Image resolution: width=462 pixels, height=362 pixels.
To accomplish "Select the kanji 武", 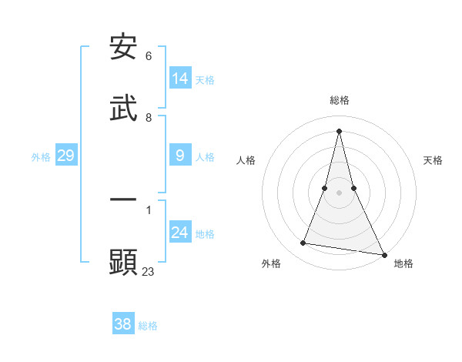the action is click(x=124, y=107).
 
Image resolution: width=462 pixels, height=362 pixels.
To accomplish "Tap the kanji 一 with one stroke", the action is click(x=124, y=200).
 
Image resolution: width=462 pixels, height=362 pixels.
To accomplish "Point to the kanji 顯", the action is click(x=124, y=262).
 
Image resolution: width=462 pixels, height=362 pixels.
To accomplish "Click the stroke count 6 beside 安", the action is click(x=149, y=56).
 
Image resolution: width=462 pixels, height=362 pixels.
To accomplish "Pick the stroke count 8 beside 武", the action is click(x=149, y=118).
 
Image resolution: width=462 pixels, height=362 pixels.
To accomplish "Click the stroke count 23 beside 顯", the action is click(x=149, y=271).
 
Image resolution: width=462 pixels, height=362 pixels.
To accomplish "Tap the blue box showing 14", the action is click(x=180, y=79).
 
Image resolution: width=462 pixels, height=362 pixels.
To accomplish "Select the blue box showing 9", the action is click(x=180, y=156).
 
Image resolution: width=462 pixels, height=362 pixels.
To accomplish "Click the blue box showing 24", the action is click(x=180, y=233).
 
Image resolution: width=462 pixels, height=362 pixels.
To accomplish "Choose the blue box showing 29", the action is click(x=65, y=156).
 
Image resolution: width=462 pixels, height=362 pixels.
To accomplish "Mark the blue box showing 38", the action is click(x=123, y=324).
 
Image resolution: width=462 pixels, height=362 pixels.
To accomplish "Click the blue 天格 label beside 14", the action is click(x=205, y=79).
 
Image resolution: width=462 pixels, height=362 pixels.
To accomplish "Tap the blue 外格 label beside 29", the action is click(x=41, y=157).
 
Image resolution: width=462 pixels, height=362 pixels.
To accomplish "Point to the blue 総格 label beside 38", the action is click(x=148, y=326).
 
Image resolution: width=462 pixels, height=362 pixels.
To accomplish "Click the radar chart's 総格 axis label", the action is click(x=340, y=100).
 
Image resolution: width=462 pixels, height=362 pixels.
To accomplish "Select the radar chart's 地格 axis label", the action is click(x=403, y=264).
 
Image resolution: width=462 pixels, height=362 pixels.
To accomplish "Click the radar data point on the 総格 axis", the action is click(x=340, y=131).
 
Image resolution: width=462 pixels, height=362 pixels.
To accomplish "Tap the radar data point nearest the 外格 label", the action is click(x=303, y=243).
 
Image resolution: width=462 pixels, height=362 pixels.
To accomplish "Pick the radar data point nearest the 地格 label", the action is click(x=384, y=253).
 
